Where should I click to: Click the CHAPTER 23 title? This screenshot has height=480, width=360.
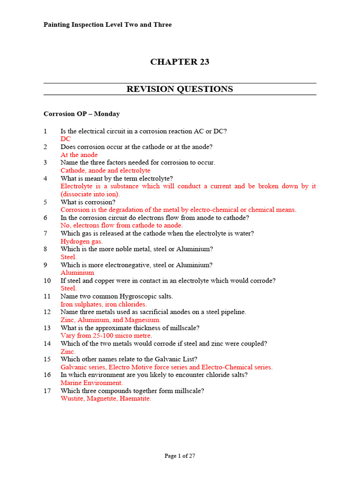pos(180,62)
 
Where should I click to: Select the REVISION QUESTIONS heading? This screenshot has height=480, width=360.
pos(180,89)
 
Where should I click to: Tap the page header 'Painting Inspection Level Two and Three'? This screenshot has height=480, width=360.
pos(107,24)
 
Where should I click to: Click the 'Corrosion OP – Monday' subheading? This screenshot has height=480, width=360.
pos(82,114)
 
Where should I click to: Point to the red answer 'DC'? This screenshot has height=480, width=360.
pos(66,139)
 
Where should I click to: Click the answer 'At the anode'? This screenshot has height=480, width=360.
pos(79,155)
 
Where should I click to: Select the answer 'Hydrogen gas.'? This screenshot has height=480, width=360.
pos(82,241)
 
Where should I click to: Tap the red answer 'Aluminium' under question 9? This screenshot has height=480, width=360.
pos(77,273)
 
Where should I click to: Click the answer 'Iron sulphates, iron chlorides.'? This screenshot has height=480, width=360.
pos(104,304)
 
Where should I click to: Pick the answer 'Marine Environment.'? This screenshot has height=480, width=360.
pos(92,383)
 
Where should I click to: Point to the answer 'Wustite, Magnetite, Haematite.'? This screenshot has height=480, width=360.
pos(106,399)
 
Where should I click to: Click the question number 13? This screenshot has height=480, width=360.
pos(47,328)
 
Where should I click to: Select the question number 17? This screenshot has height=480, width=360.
pos(47,391)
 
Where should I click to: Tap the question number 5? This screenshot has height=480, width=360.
pos(45,202)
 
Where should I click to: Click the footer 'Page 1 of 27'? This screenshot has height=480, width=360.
pos(180,456)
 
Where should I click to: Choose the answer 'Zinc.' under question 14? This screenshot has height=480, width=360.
pos(68,352)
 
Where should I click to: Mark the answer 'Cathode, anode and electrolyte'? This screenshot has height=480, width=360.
pos(105,171)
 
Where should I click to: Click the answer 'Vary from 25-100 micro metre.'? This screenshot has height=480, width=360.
pos(106,336)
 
